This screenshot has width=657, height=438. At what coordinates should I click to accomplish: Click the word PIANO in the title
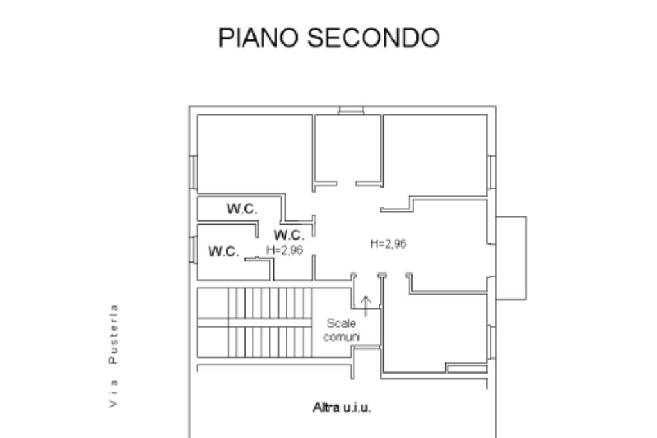point(259,37)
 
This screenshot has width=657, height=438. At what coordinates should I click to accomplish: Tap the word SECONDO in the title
point(373,37)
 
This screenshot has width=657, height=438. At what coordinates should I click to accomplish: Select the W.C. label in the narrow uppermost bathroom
point(242,209)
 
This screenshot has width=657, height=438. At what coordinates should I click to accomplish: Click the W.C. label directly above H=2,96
point(289,234)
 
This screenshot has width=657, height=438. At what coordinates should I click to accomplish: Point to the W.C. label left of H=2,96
point(223,251)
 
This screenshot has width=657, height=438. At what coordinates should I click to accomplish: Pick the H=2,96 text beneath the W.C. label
point(284,250)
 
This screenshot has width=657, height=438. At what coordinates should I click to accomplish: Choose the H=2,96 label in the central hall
point(388,244)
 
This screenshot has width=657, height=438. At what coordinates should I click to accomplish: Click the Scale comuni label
point(341,329)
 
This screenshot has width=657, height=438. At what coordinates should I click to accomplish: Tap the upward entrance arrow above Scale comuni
point(366,306)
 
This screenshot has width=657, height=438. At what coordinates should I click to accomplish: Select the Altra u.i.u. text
point(342,407)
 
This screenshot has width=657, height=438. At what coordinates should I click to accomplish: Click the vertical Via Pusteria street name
point(113,356)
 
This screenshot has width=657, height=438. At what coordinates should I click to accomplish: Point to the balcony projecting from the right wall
point(511,258)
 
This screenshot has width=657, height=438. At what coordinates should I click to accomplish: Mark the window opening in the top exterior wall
point(351,110)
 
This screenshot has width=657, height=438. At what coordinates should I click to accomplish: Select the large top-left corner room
point(254,153)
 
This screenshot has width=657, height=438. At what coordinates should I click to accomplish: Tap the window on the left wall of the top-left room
point(193,172)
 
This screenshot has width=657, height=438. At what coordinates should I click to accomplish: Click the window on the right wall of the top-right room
point(491,172)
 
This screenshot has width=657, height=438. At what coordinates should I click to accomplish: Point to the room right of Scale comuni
point(435,331)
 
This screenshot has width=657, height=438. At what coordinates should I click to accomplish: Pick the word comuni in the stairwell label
point(341,337)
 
